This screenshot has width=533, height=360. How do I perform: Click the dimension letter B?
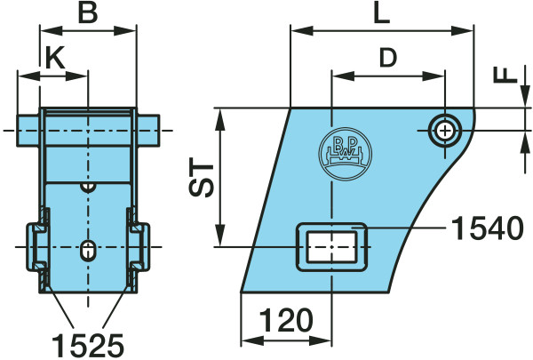coord(88,12)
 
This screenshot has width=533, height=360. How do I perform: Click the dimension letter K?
coord(55,57)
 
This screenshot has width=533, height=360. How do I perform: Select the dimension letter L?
coord(381,13)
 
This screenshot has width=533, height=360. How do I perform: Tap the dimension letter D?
coord(388,58)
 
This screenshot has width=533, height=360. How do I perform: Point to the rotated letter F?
coord(505,76)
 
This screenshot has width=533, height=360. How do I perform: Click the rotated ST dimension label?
coord(202,177)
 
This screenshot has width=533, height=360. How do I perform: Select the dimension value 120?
coord(286,320)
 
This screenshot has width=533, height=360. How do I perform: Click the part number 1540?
coord(488,228)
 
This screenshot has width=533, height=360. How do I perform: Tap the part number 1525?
coord(88,346)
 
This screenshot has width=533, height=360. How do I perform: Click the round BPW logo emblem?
coord(345,154)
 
